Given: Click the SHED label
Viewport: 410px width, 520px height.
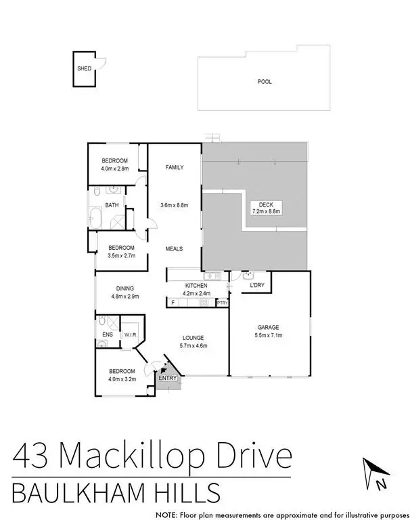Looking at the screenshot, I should coord(84,68).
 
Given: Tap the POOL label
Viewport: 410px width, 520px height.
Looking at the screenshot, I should coord(265,81).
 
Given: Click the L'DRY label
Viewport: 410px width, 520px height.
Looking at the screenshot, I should coord(257,286).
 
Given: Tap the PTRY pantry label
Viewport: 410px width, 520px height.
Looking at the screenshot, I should coord(222,303).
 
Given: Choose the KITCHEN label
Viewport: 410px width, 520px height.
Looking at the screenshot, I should coord(197,286).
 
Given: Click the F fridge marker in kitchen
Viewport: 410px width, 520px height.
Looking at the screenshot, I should coord(173,303).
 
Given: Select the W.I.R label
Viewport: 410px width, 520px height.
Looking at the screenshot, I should coord(129,334).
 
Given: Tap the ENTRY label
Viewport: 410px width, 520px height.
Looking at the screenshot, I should coord(168,377).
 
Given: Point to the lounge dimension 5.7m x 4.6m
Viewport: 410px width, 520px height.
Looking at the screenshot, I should coord(193,345).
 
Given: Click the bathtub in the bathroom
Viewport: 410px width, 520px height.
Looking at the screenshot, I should coord(95,219).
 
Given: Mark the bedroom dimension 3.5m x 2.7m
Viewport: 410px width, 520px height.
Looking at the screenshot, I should coord(122,256).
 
